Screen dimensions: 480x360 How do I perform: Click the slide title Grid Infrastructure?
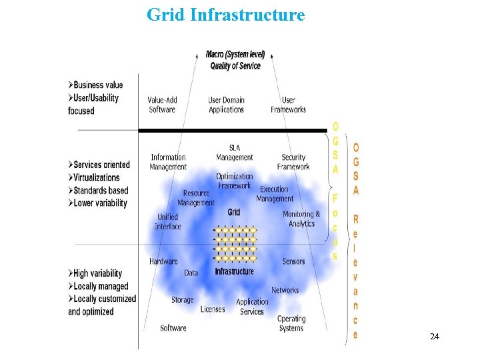click(x=225, y=14)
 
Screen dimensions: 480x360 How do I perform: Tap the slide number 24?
click(x=435, y=337)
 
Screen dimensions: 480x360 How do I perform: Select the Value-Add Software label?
click(x=163, y=105)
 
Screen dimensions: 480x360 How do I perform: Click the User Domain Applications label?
click(x=227, y=105)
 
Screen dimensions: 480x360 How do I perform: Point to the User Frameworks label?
click(x=289, y=105)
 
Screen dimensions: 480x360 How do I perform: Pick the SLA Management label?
click(x=235, y=153)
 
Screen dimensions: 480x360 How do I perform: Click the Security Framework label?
click(x=293, y=162)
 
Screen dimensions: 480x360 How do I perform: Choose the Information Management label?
click(x=169, y=162)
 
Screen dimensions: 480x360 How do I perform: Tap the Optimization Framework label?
click(x=235, y=181)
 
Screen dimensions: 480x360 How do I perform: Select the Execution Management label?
click(x=275, y=194)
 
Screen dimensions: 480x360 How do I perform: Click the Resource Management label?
click(x=196, y=198)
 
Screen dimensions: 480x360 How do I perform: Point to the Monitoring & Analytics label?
click(x=301, y=219)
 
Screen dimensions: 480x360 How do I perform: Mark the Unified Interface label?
click(x=168, y=221)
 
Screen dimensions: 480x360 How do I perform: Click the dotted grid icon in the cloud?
click(x=235, y=244)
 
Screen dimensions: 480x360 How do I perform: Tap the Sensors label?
click(x=293, y=261)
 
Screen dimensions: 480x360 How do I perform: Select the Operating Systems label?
click(x=291, y=323)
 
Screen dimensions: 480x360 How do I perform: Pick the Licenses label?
click(x=213, y=309)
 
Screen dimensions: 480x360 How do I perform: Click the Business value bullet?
click(x=97, y=85)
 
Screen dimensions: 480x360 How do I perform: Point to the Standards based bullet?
click(x=100, y=191)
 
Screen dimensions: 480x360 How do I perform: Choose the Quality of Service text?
click(x=235, y=66)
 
